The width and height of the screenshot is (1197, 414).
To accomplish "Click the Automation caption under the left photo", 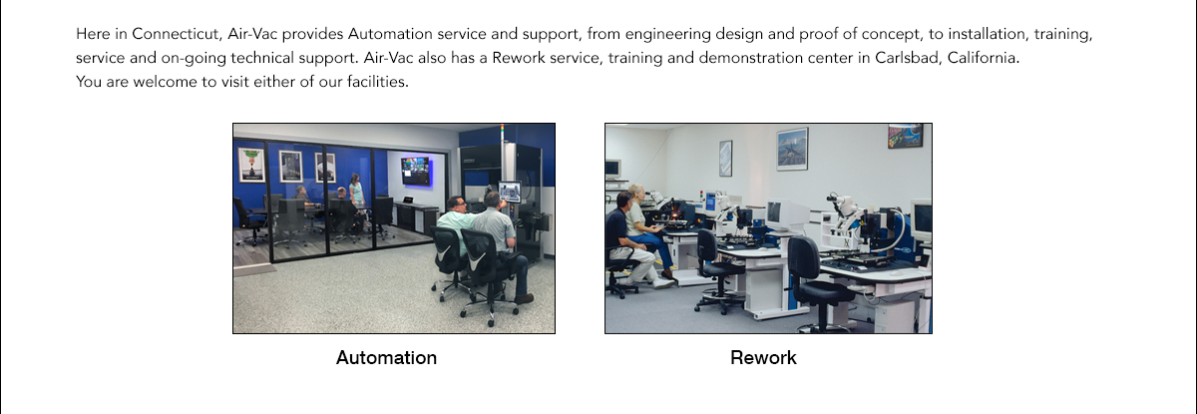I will [x=386, y=357].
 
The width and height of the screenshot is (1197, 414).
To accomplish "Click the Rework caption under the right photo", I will [x=763, y=357].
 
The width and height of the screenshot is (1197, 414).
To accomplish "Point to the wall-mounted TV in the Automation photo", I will [x=416, y=170].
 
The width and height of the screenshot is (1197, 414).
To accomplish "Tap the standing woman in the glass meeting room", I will [x=356, y=194].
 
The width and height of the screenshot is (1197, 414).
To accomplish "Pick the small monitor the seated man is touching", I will [x=510, y=192].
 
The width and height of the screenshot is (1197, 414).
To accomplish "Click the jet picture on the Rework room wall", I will [x=792, y=149].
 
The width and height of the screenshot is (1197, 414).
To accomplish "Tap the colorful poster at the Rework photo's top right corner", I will [x=905, y=136].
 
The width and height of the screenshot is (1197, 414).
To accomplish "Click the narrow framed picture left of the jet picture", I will [x=725, y=158].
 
